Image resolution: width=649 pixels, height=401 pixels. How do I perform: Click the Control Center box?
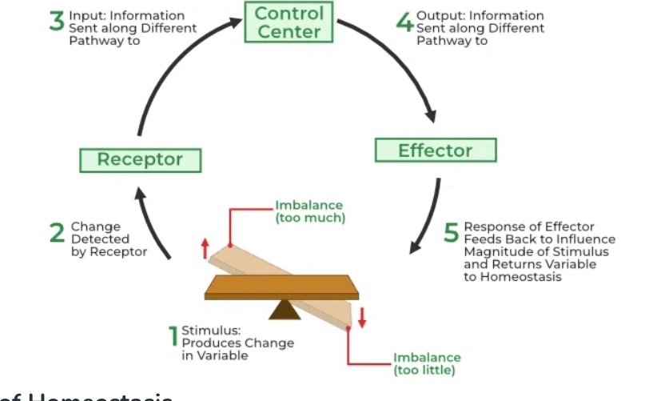pyautogui.click(x=289, y=22)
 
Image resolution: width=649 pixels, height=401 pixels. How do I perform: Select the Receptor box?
pyautogui.click(x=140, y=159)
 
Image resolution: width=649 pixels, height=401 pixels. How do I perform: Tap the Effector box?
pyautogui.click(x=435, y=150)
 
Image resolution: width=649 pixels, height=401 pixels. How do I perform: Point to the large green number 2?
pyautogui.click(x=57, y=233)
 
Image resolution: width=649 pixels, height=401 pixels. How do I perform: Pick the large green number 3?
pyautogui.click(x=56, y=21)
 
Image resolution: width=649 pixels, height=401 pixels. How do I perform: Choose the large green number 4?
pyautogui.click(x=404, y=21)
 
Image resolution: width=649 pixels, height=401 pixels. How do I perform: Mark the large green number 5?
pyautogui.click(x=452, y=234)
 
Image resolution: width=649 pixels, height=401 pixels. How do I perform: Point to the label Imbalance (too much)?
pyautogui.click(x=310, y=211)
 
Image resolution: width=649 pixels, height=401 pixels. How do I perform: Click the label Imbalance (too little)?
pyautogui.click(x=427, y=363)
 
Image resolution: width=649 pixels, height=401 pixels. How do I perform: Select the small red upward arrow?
pyautogui.click(x=205, y=247)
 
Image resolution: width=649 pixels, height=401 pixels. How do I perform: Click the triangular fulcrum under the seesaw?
pyautogui.click(x=284, y=310)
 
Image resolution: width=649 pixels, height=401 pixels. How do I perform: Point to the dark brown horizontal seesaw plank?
pyautogui.click(x=281, y=286)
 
